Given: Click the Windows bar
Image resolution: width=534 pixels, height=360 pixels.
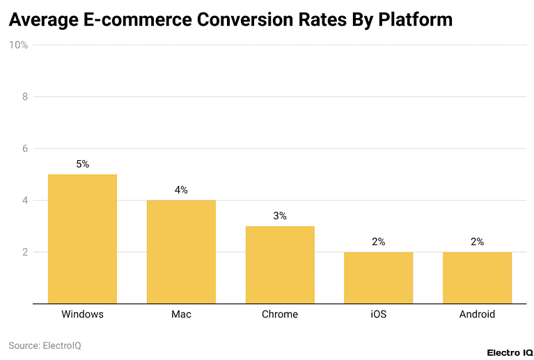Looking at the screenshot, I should pyautogui.click(x=82, y=239).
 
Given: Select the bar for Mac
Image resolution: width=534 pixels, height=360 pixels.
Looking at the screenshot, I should pyautogui.click(x=181, y=252).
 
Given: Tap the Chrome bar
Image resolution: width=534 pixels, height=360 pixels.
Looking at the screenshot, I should pyautogui.click(x=280, y=265).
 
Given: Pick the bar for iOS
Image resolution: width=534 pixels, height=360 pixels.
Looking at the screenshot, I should pyautogui.click(x=378, y=278).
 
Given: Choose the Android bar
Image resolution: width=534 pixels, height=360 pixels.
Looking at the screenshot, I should pyautogui.click(x=477, y=278).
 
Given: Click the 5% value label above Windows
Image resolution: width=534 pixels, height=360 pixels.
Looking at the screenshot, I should pyautogui.click(x=82, y=164).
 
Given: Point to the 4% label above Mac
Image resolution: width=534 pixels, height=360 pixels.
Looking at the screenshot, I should pyautogui.click(x=181, y=190).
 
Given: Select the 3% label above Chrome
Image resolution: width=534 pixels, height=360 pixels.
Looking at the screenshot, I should pyautogui.click(x=280, y=216).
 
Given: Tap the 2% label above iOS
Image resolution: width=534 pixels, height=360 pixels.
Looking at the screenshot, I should pyautogui.click(x=378, y=242).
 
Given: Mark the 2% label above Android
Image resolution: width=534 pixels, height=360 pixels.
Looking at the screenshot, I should pyautogui.click(x=477, y=242).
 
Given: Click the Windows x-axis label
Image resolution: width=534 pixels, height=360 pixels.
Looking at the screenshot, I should pyautogui.click(x=82, y=314).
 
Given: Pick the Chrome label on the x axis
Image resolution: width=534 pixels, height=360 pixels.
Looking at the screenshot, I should pyautogui.click(x=280, y=314).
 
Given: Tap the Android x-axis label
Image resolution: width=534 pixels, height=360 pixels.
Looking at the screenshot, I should pyautogui.click(x=477, y=314).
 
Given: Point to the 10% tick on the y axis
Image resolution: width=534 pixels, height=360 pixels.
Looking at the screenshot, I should pyautogui.click(x=18, y=45).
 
